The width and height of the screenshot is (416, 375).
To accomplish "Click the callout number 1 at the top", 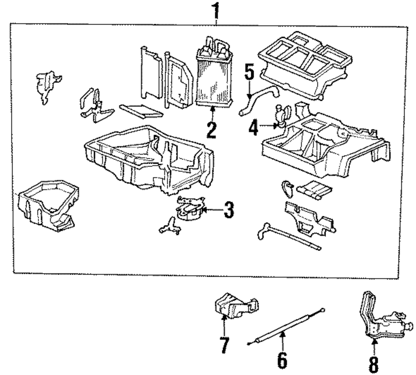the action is click(216, 11).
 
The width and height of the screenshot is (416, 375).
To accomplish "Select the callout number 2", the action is click(211, 130).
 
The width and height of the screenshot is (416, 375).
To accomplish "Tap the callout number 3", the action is click(229, 210).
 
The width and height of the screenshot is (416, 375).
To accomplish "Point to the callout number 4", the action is click(253, 127).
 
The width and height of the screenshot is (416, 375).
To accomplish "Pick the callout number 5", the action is click(249, 71).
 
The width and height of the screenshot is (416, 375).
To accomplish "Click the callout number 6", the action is click(282, 360).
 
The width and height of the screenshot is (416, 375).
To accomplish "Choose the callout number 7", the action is click(225, 345).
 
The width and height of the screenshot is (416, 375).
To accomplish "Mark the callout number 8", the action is click(374, 364).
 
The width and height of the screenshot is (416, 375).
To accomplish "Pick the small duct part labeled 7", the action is click(236, 306).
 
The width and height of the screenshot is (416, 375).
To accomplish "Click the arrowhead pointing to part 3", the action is click(204, 210).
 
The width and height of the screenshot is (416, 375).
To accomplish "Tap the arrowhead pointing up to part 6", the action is click(283, 333).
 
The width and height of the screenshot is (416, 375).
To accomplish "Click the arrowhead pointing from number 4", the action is click(276, 126).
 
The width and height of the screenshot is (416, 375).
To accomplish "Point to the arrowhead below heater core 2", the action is click(212, 109).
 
